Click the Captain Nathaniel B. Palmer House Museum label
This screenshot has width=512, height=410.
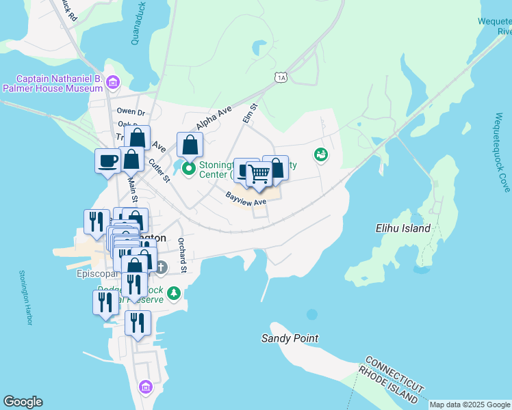(x=52, y=83)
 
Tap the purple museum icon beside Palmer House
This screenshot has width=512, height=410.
(x=113, y=83)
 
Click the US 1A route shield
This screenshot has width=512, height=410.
(x=281, y=77)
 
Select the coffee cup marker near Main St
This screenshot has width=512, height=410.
(x=107, y=162)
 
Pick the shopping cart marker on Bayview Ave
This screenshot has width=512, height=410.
(x=259, y=175)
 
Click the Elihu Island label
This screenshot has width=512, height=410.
(x=403, y=229)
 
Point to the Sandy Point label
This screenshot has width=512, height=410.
(x=290, y=338)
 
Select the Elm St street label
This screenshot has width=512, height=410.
(x=249, y=113)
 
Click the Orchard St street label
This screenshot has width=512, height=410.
(x=182, y=255)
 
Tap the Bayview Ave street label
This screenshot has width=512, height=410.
(x=246, y=199)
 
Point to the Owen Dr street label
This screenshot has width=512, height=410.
(x=131, y=111)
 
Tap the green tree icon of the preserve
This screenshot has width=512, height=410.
(x=175, y=293)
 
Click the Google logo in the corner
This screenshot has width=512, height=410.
(x=23, y=402)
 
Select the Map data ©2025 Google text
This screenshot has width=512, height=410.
(x=470, y=405)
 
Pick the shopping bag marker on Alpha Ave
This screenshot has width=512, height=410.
(x=190, y=146)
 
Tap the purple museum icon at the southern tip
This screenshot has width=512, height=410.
(x=145, y=387)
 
